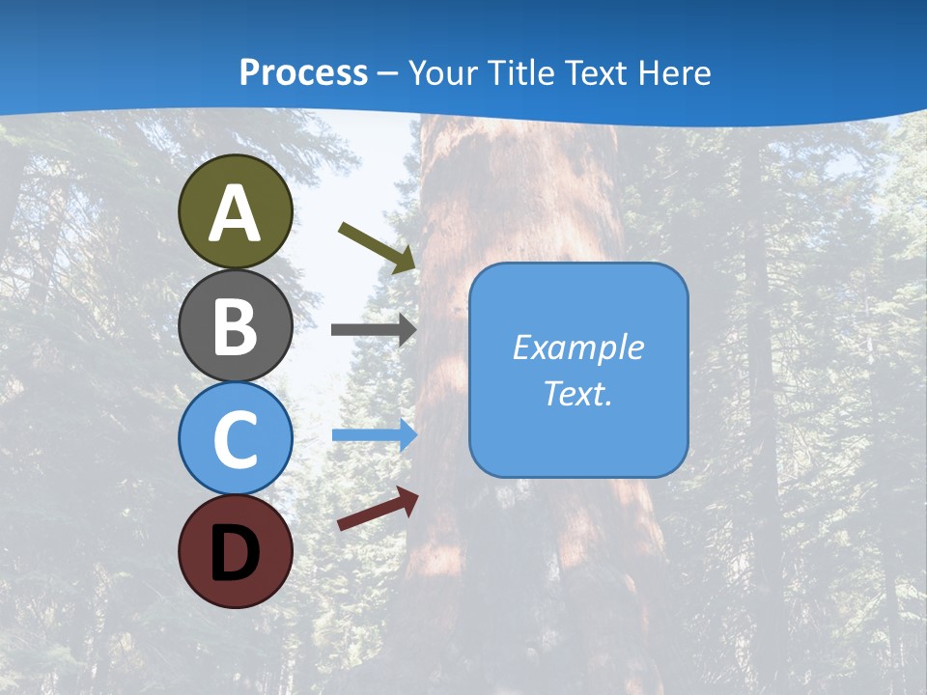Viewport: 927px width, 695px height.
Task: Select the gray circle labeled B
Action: pos(236,325)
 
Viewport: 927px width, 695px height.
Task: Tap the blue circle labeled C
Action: pos(236,438)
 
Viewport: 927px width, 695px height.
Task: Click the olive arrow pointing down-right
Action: pos(377,247)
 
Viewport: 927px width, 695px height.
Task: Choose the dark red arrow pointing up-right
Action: pos(378,509)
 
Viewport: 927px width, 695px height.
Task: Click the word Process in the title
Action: pos(303,73)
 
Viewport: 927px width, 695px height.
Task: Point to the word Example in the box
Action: pos(578,347)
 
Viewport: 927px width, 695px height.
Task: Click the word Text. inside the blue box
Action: pos(578,393)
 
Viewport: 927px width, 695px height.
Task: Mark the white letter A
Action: pos(236,214)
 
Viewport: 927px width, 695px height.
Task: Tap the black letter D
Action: pos(236,552)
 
